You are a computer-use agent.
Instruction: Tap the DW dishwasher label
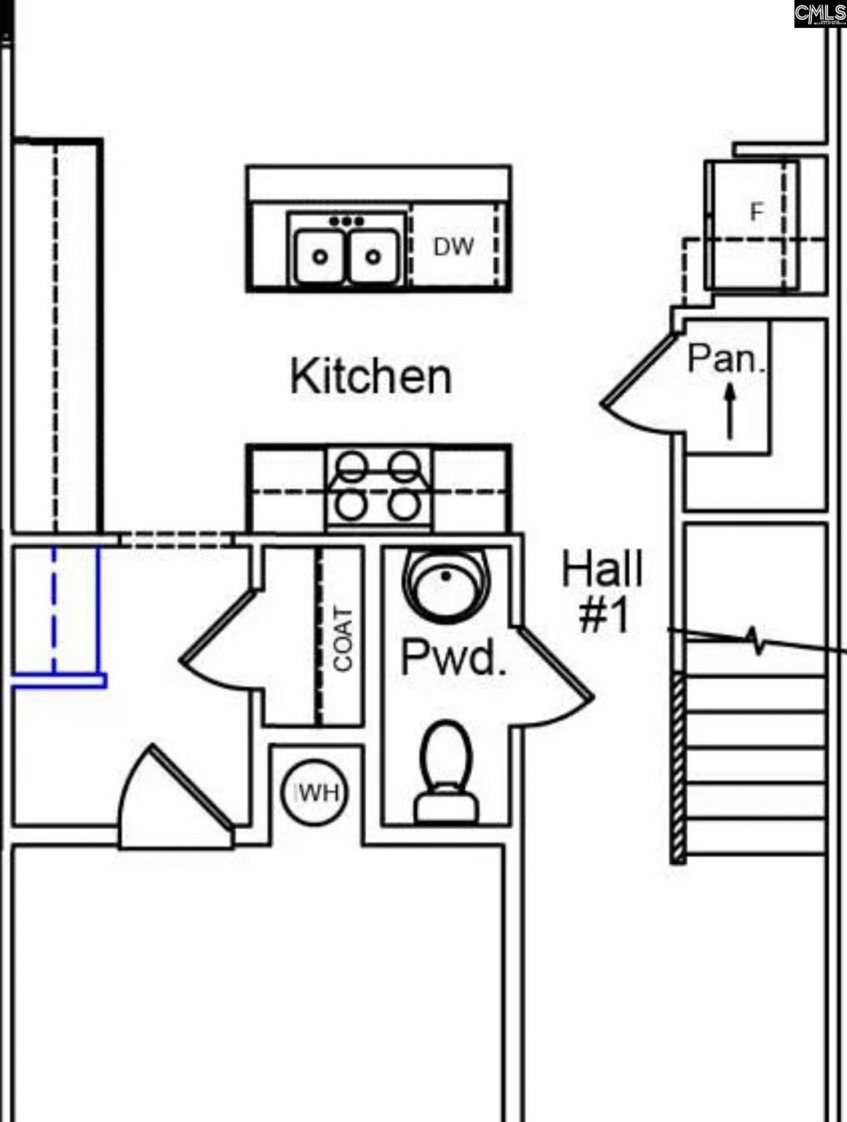(x=453, y=247)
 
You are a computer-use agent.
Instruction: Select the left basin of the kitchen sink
(x=320, y=255)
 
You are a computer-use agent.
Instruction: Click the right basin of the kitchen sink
(x=373, y=255)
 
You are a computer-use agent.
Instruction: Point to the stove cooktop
(x=377, y=488)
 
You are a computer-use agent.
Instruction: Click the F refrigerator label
(x=756, y=212)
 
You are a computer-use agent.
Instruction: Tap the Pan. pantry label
(x=726, y=359)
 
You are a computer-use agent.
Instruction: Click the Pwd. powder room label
(x=454, y=657)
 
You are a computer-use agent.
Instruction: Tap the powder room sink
(x=447, y=582)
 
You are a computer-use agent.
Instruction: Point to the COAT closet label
(x=343, y=638)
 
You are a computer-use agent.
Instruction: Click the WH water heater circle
(x=314, y=793)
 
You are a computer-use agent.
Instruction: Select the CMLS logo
(x=820, y=14)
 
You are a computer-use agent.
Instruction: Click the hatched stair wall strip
(x=677, y=767)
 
